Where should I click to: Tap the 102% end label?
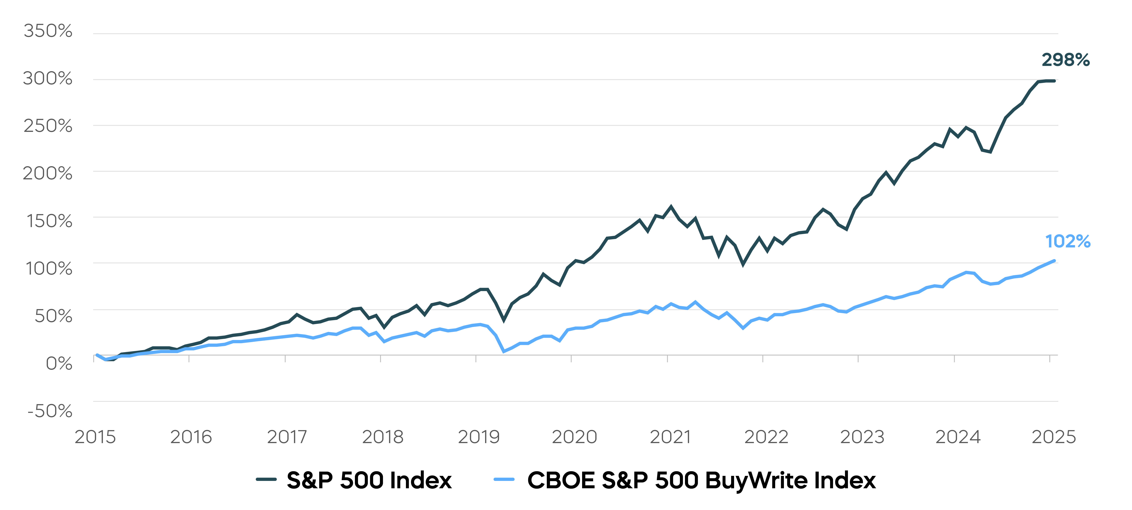pyautogui.click(x=1067, y=241)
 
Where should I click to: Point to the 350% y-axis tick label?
pyautogui.click(x=48, y=31)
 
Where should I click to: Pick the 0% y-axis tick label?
pyautogui.click(x=59, y=363)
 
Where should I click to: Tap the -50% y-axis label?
pyautogui.click(x=50, y=411)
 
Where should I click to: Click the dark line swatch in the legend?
pyautogui.click(x=266, y=479)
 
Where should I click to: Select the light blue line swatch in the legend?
pyautogui.click(x=504, y=479)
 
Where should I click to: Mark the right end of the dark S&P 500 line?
pyautogui.click(x=1054, y=81)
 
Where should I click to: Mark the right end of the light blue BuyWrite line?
pyautogui.click(x=1054, y=261)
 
